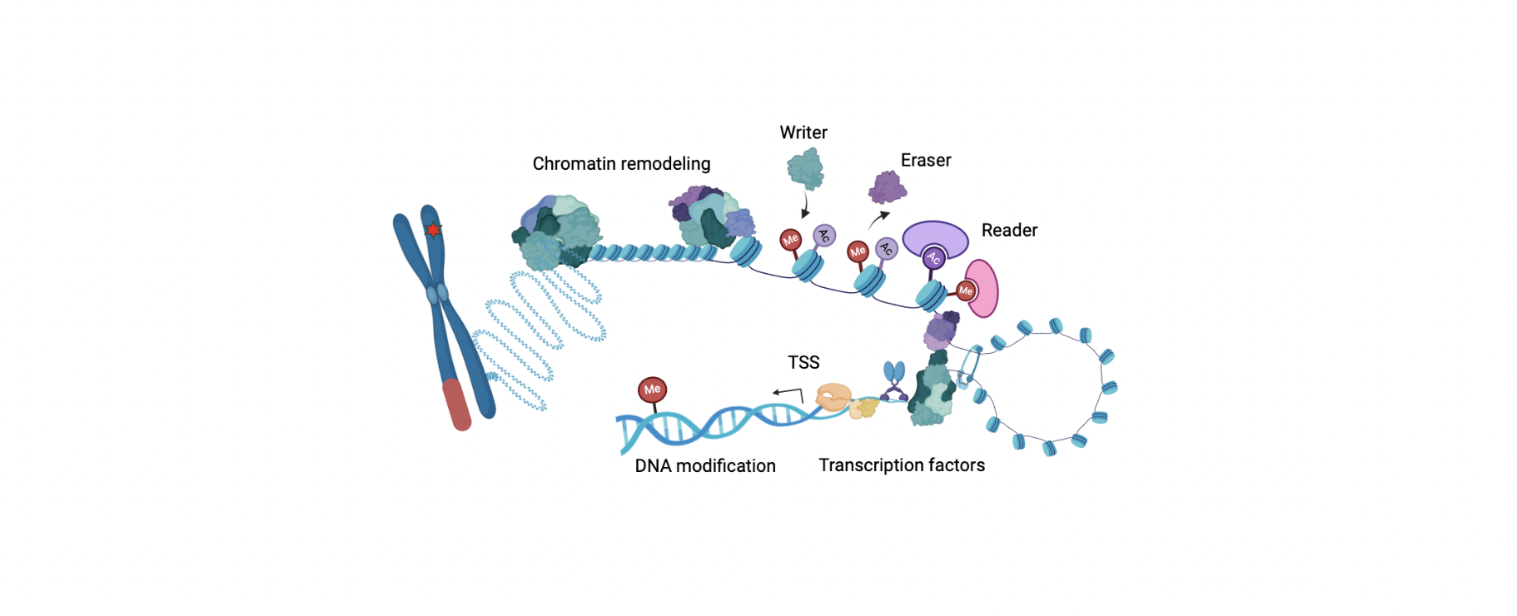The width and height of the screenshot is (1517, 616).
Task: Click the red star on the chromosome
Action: [x=433, y=230]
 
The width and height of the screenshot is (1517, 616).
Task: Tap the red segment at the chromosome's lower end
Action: [x=456, y=405]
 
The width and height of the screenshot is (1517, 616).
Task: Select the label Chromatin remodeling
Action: [x=621, y=163]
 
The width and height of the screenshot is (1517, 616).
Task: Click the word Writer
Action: [x=803, y=132]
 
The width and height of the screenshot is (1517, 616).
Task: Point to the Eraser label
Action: [x=925, y=160]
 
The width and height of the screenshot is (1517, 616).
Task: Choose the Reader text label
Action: [x=1009, y=230]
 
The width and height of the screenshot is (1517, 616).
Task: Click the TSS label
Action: [x=803, y=362]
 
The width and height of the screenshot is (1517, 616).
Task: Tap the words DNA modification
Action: [x=704, y=465]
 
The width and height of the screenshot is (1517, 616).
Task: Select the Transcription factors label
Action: [x=901, y=464]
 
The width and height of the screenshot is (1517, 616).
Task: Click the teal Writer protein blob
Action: [x=805, y=169]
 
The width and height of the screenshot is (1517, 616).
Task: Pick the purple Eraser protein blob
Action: [x=887, y=187]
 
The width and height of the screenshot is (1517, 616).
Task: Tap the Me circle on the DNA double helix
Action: [x=652, y=389]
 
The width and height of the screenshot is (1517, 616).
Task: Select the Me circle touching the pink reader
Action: [x=965, y=291]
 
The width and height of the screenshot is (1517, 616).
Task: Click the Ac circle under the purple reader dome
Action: [x=934, y=258]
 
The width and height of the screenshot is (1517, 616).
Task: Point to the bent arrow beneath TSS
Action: [x=788, y=393]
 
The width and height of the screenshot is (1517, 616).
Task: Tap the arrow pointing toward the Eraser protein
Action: [x=878, y=219]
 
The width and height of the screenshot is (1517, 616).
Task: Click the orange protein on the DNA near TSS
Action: [x=833, y=397]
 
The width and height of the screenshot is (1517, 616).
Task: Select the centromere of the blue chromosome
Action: [x=437, y=293]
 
